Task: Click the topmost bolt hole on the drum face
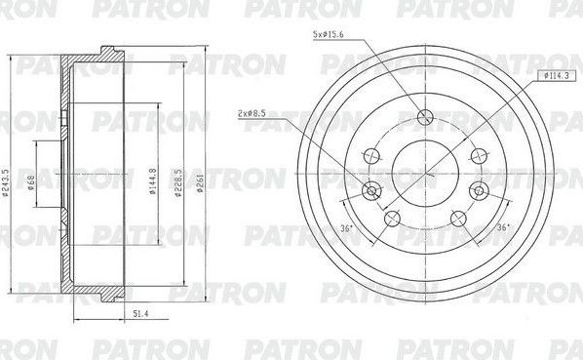click(424, 118)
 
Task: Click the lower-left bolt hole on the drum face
click(392, 218)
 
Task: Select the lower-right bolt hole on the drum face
click(456, 218)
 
